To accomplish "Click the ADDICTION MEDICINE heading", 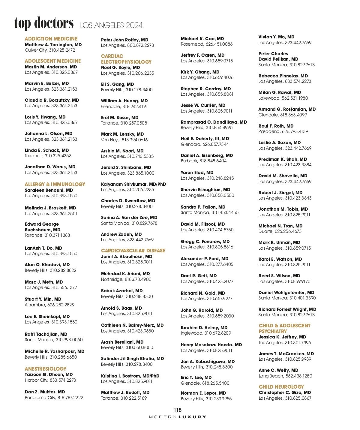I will [x=51, y=39].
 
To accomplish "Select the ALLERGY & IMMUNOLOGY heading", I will [x=55, y=184].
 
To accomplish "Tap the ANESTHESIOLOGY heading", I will [x=46, y=369].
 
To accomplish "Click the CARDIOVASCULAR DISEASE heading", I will [x=133, y=251].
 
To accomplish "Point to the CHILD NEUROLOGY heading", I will [x=281, y=387].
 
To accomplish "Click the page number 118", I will [x=178, y=410].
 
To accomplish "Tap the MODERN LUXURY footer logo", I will [x=178, y=417].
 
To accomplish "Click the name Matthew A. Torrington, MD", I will [x=53, y=45].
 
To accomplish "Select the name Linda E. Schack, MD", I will [x=47, y=150].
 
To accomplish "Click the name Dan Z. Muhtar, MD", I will [x=45, y=392].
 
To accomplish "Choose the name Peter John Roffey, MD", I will [x=124, y=40].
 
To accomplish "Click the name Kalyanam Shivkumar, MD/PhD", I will [x=133, y=184].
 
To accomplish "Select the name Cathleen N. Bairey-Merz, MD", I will [x=132, y=325].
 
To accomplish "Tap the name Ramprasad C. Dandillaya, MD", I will [x=214, y=122].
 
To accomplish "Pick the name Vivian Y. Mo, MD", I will [x=276, y=37].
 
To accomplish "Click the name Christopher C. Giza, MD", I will [x=285, y=392].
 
